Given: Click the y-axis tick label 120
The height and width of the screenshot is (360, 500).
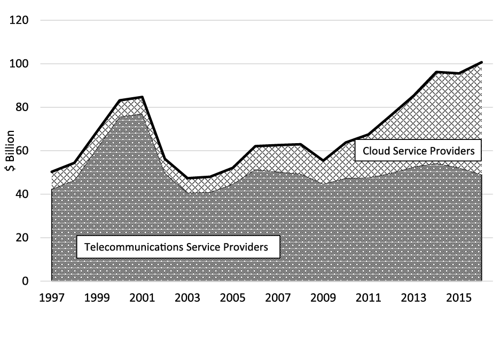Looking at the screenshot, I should coord(19,20).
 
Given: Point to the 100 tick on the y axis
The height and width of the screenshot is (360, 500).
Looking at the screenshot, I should coord(19,64).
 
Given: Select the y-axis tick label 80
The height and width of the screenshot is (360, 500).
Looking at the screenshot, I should coord(22,107).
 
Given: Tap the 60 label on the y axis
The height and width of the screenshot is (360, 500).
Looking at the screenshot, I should coord(22,151).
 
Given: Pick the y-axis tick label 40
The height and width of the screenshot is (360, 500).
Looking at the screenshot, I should coord(22,194).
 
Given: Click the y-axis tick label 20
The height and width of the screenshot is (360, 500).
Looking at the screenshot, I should coord(22,238).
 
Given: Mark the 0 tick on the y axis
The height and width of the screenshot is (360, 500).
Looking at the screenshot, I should coord(25,281).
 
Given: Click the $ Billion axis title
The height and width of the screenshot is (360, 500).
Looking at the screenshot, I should coord(9,151).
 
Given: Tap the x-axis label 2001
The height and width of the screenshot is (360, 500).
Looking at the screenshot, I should coord(142,296).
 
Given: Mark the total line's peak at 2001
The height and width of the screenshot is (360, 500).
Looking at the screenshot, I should coord(142,97).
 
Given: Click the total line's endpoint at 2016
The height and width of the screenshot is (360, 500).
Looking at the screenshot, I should coord(482,62).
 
